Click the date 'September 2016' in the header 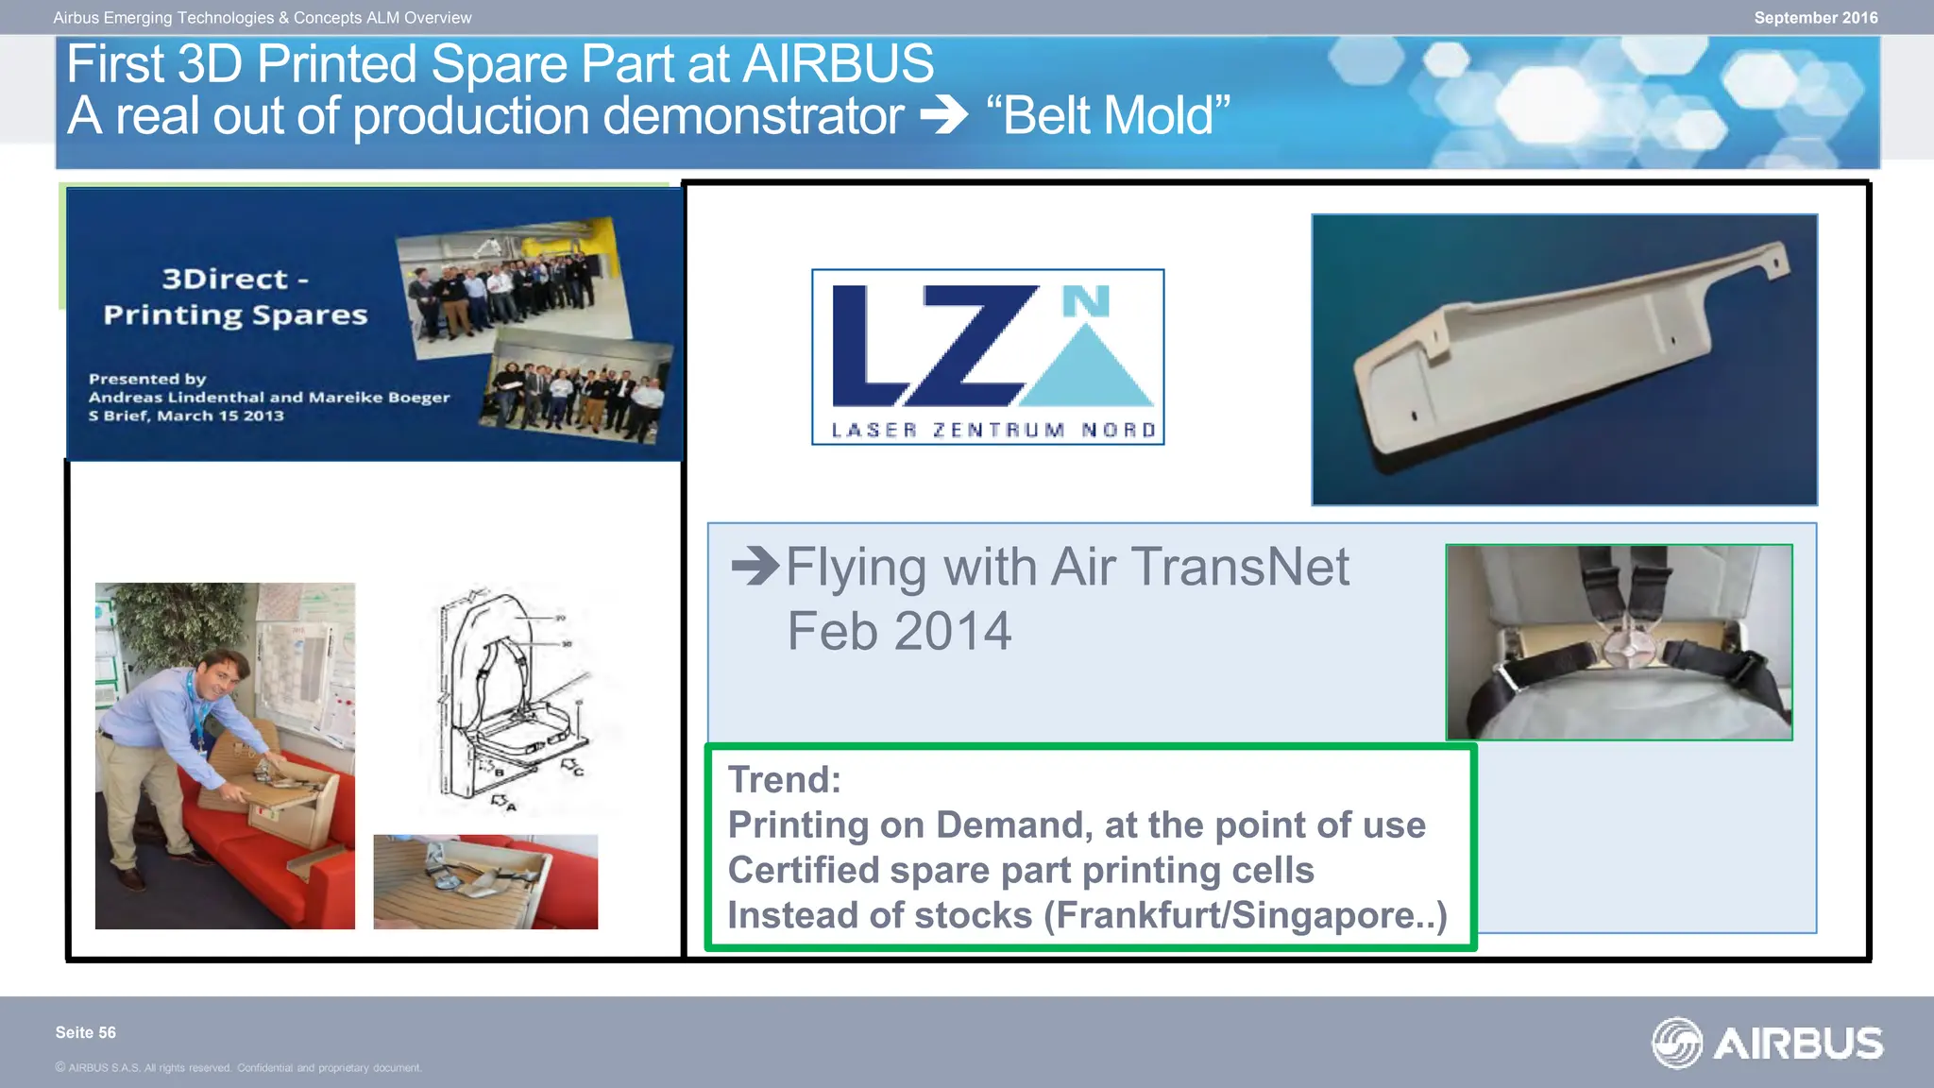1815,18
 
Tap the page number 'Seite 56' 86,1032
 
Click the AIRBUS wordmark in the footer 1798,1044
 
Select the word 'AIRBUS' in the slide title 839,64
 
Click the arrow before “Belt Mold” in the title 943,116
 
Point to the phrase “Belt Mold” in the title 1109,116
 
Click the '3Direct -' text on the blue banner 235,279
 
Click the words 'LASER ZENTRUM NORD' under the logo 993,431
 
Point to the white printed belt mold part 1558,349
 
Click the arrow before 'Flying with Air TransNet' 755,567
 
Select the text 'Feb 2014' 899,631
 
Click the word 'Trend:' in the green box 784,780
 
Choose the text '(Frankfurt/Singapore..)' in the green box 1245,915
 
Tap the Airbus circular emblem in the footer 1676,1043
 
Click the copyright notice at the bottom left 238,1068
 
